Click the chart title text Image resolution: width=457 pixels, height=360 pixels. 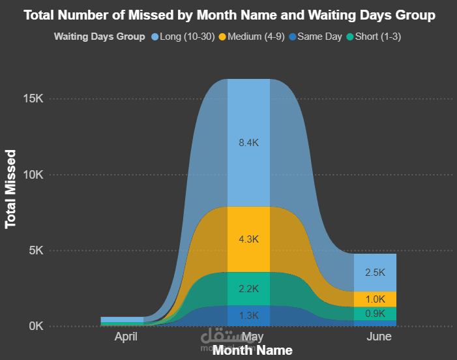pos(229,15)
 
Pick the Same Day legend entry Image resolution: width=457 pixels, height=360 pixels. pos(319,37)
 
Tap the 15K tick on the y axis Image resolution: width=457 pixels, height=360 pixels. pos(32,99)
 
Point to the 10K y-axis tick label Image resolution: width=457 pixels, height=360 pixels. pos(32,175)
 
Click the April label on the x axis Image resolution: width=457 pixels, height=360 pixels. pos(126,337)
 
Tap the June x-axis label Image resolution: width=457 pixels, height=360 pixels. pos(379,337)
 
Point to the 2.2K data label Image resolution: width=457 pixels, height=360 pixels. pos(249,289)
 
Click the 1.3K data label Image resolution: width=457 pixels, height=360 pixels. pos(249,316)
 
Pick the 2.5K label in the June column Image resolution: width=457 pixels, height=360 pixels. pos(375,273)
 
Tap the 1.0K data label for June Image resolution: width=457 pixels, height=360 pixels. pos(375,299)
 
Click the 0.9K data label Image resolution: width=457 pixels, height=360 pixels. pos(375,314)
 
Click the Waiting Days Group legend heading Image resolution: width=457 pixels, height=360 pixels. pos(99,37)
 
